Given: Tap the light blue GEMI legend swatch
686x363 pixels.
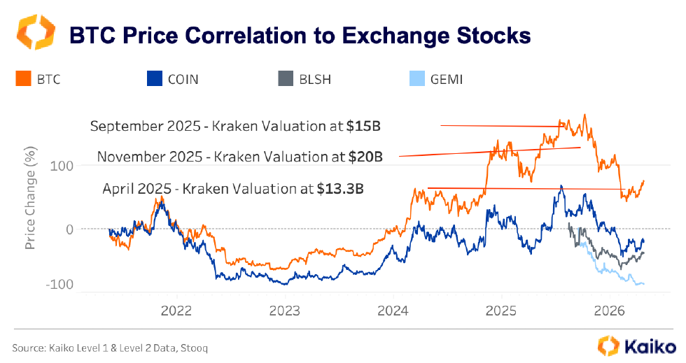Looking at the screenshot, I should click(415, 79).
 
